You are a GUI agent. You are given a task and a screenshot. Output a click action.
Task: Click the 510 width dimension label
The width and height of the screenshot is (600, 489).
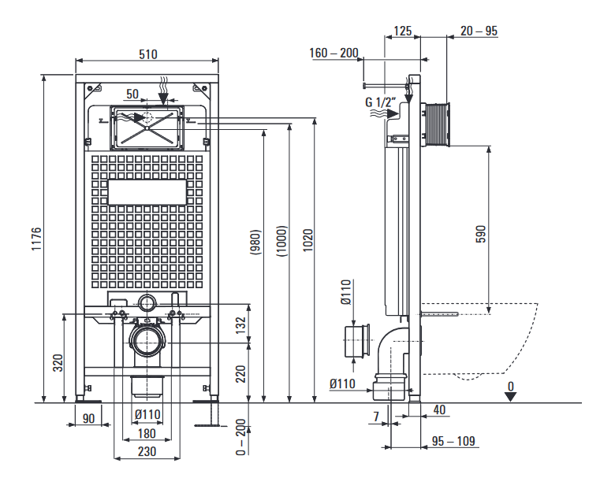[148, 54]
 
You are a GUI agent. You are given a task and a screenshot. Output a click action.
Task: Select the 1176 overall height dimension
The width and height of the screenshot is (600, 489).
[36, 239]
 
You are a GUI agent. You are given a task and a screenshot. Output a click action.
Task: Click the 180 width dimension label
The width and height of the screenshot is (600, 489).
[147, 434]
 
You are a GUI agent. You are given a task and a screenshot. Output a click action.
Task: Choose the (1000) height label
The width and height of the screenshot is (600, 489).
[281, 239]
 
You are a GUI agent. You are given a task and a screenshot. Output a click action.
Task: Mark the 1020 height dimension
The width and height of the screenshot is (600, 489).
[308, 239]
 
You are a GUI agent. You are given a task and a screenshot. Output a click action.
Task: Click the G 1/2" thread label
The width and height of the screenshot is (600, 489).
[379, 102]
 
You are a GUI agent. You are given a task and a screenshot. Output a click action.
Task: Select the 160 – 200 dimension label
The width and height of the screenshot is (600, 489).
[334, 54]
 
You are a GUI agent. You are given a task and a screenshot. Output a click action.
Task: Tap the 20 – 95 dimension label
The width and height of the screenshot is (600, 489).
[479, 31]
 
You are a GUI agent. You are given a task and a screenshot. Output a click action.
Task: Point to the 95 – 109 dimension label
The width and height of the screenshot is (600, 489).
[453, 441]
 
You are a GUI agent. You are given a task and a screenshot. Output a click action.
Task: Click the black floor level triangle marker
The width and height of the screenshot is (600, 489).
[511, 396]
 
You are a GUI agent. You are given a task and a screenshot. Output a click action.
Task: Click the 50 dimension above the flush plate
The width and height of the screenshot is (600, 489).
[132, 94]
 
